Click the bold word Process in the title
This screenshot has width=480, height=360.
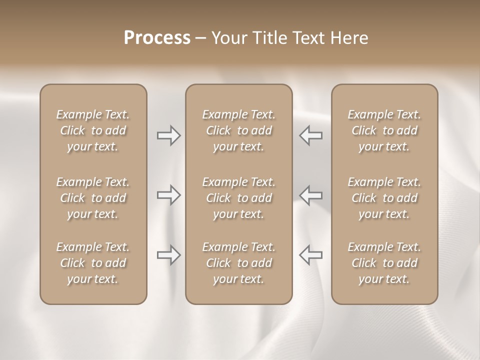(157, 38)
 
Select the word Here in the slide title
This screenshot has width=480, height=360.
(349, 38)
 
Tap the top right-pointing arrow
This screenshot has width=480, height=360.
(169, 135)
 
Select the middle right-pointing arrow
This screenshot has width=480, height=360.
(169, 195)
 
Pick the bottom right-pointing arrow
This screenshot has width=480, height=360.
(169, 255)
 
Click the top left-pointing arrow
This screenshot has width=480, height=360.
(310, 135)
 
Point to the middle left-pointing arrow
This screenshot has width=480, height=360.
(310, 195)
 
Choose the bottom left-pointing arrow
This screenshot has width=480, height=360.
(310, 255)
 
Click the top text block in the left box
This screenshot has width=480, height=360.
(93, 130)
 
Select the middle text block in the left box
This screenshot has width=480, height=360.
(93, 198)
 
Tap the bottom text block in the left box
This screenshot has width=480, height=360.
(93, 263)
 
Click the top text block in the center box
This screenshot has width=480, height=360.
(238, 130)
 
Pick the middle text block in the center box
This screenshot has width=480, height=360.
(238, 198)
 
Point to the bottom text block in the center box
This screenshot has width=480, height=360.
(238, 263)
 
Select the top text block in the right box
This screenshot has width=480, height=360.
(384, 130)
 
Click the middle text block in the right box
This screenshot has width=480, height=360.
(384, 198)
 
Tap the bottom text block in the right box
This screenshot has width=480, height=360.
(384, 263)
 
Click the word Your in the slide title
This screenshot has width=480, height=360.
(228, 38)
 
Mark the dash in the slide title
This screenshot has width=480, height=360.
(201, 38)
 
